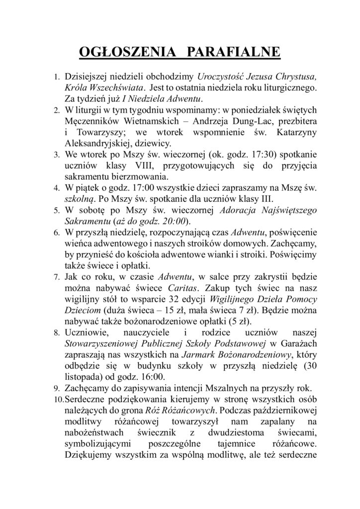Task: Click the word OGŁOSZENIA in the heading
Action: (121, 53)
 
